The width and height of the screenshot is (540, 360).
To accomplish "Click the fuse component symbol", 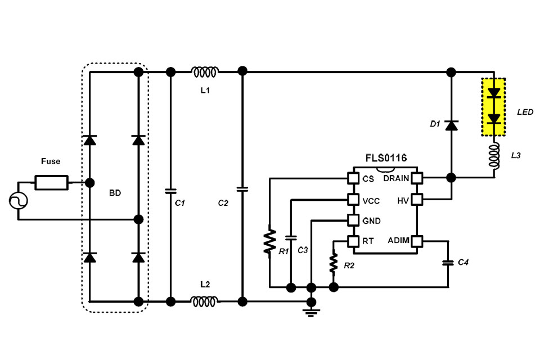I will [x=52, y=183].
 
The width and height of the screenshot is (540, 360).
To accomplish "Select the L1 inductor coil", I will [x=205, y=72].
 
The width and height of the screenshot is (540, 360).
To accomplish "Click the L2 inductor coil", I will [x=205, y=302].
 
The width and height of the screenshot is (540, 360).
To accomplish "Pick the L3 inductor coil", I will [x=494, y=157].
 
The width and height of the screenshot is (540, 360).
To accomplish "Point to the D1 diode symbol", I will [x=451, y=125].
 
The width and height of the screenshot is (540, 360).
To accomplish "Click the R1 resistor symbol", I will [x=271, y=241].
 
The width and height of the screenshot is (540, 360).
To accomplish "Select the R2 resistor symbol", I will [x=334, y=262].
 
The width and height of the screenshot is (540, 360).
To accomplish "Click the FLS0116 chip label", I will [x=385, y=159].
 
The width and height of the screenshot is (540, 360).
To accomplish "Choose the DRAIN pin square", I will [x=417, y=178].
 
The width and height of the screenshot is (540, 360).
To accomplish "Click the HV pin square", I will [x=417, y=199].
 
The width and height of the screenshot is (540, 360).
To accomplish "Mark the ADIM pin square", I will [x=417, y=241].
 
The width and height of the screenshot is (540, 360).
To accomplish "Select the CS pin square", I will [x=353, y=178].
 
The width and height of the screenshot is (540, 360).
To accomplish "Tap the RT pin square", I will [x=353, y=241].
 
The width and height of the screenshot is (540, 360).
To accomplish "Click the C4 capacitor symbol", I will [x=448, y=263].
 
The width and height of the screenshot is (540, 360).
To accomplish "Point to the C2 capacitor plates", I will [x=242, y=189].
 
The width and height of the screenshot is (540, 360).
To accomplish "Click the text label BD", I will [x=115, y=192].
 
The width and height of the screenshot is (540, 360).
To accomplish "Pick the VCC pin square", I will [x=353, y=199].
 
